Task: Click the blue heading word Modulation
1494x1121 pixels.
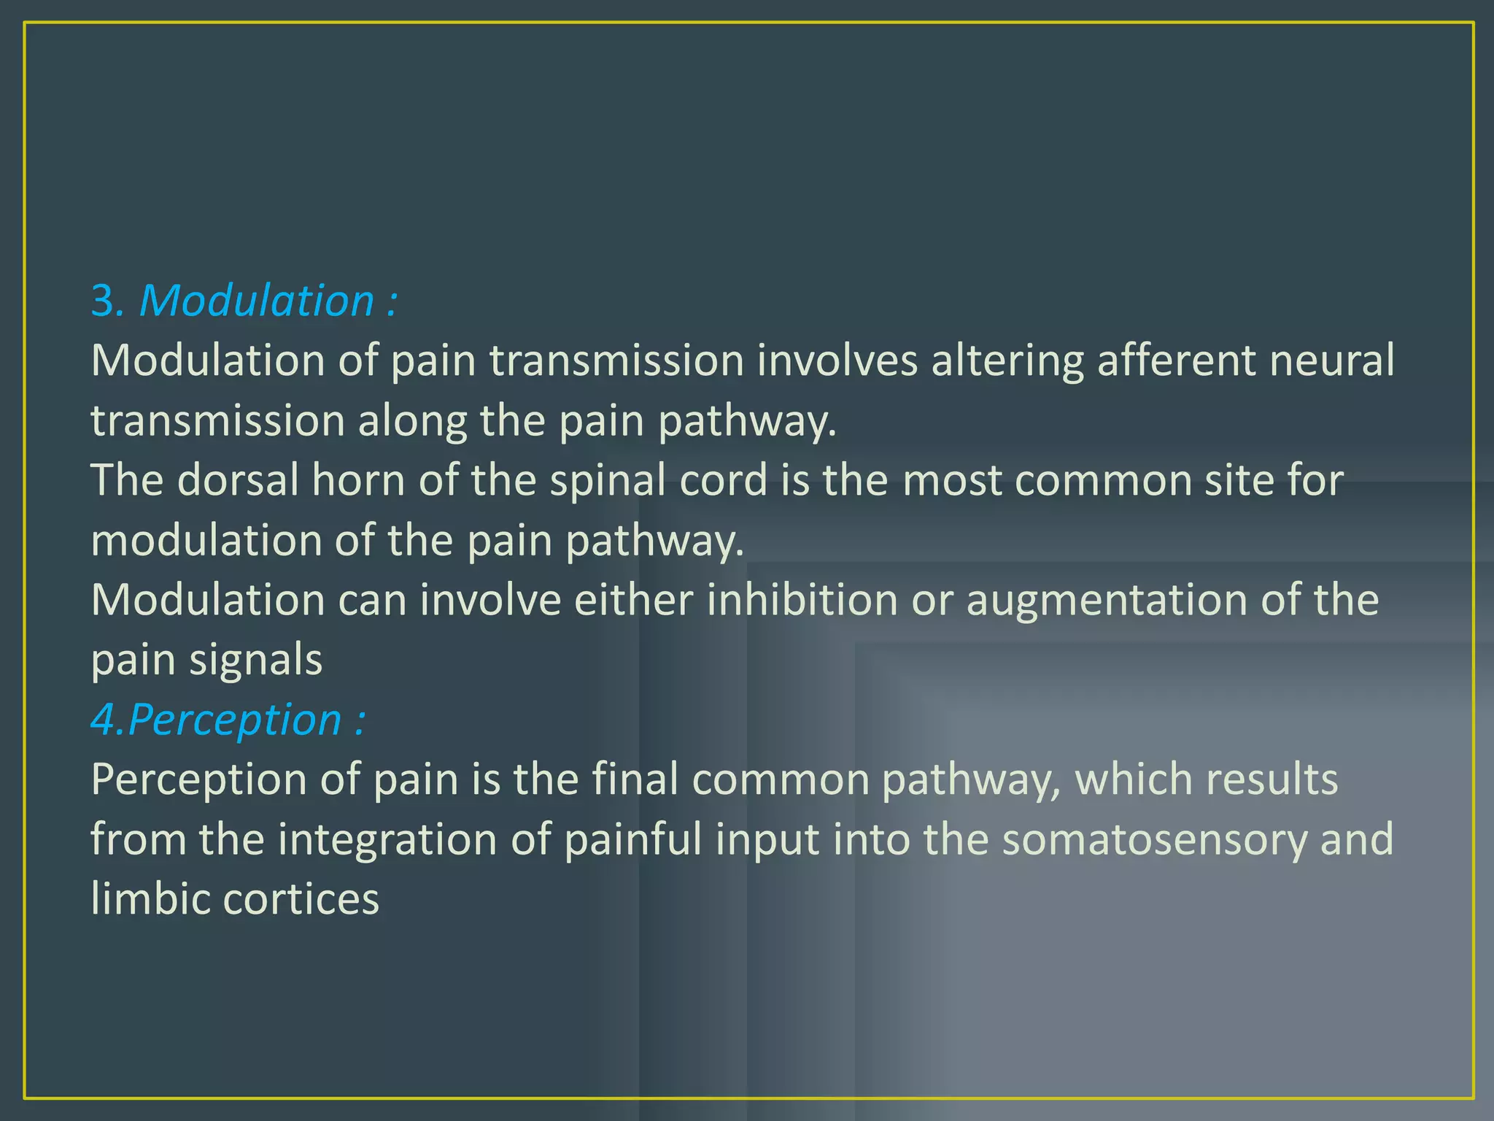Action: point(256,301)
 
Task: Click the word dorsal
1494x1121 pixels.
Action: point(239,480)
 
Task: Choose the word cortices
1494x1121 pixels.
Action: point(301,899)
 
